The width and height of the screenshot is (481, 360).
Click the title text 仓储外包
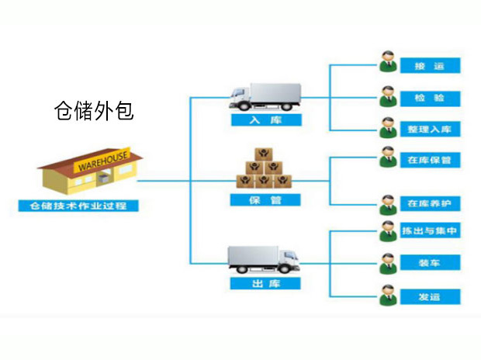pos(94,110)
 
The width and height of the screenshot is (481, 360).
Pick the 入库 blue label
pos(265,121)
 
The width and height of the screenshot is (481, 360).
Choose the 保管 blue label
pos(265,200)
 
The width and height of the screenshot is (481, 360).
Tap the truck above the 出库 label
pos(264,258)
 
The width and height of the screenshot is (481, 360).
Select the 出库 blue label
pos(265,285)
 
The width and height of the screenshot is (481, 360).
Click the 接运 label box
pos(429,66)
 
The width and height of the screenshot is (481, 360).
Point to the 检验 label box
pos(429,99)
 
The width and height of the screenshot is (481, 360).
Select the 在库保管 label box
pos(429,160)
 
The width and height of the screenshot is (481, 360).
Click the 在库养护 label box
pos(429,204)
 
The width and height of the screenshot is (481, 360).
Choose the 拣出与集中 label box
pos(429,231)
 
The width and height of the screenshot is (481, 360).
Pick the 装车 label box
pos(429,263)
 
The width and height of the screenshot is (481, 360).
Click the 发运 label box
pos(429,296)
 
